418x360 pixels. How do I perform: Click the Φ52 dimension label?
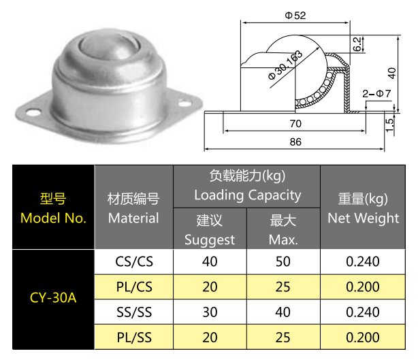point(295,16)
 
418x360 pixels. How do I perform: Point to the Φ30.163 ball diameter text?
point(285,65)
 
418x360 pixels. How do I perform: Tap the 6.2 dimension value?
point(357,44)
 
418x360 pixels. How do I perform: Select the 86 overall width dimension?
point(295,142)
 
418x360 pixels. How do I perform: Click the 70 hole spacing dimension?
point(295,124)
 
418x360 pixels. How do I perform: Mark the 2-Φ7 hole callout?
point(376,93)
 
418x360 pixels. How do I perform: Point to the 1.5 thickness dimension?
point(389,125)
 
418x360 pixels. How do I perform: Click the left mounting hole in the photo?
point(33,112)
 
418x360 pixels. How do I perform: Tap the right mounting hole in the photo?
point(184,103)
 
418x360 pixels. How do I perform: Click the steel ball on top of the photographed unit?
point(110,48)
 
